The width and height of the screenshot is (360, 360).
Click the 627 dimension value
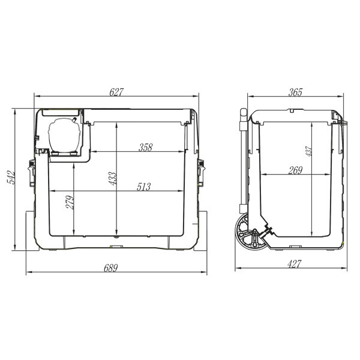click(116, 92)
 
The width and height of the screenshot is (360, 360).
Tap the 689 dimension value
click(110, 268)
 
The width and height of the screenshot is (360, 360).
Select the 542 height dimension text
click(11, 177)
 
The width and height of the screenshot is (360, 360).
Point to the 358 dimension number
click(146, 148)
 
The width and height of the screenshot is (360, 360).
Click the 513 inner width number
click(144, 187)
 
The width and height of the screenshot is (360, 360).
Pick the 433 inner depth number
click(113, 178)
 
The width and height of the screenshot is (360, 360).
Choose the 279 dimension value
click(70, 202)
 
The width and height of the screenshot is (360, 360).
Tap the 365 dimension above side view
click(295, 92)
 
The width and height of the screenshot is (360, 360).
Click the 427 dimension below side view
click(294, 264)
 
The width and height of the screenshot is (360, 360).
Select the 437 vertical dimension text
click(308, 151)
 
